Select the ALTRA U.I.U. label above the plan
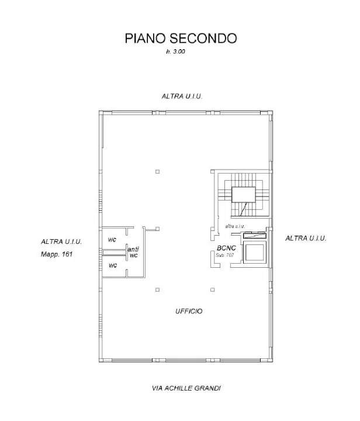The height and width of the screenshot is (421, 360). click(182, 95)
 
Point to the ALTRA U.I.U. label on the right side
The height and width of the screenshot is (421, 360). click(306, 239)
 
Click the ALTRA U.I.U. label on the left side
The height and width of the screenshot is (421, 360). click(61, 241)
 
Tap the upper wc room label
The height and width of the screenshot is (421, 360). click(111, 240)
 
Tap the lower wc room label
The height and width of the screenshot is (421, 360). click(112, 265)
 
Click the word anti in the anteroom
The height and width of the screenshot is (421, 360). click(133, 250)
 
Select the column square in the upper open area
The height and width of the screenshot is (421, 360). click(157, 171)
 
